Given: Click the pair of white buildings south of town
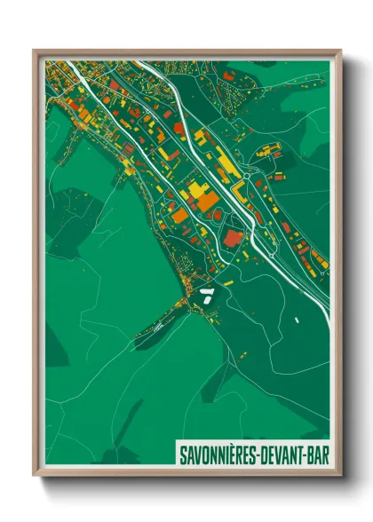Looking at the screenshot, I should (206, 295).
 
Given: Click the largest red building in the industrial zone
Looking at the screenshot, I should (234, 237).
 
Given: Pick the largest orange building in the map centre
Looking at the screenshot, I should (206, 202).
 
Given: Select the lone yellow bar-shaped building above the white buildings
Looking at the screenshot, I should (227, 283).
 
